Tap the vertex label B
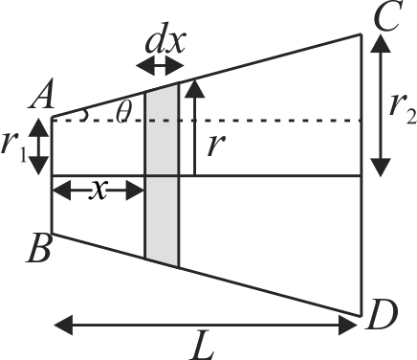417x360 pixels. [x=38, y=248]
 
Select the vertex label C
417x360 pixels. [x=386, y=17]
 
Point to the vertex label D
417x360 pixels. [x=382, y=316]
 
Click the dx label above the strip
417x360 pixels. [x=165, y=41]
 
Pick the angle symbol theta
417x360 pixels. [x=123, y=112]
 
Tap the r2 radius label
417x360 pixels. [x=403, y=110]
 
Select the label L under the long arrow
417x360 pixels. [x=203, y=347]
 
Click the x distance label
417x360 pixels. [x=99, y=190]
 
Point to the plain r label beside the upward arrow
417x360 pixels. [x=216, y=146]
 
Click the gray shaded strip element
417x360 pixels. [x=163, y=175]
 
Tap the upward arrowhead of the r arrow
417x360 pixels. [x=194, y=88]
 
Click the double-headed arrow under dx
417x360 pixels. [x=160, y=66]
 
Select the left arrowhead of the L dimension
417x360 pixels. [x=63, y=325]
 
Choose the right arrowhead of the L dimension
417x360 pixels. [x=348, y=325]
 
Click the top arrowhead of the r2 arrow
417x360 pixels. [x=381, y=43]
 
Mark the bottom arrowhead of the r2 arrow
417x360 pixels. [x=381, y=168]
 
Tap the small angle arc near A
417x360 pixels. [x=85, y=115]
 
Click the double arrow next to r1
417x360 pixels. [x=39, y=146]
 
